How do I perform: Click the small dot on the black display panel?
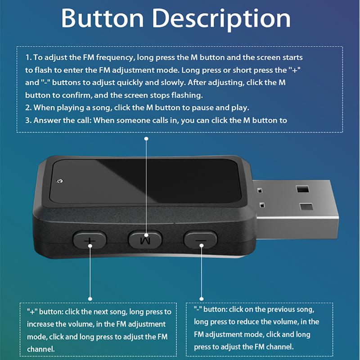pos(60,181)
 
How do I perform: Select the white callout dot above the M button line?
pos(145,139)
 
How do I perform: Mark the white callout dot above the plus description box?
pos(90,298)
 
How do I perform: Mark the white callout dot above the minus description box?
pos(201,298)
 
